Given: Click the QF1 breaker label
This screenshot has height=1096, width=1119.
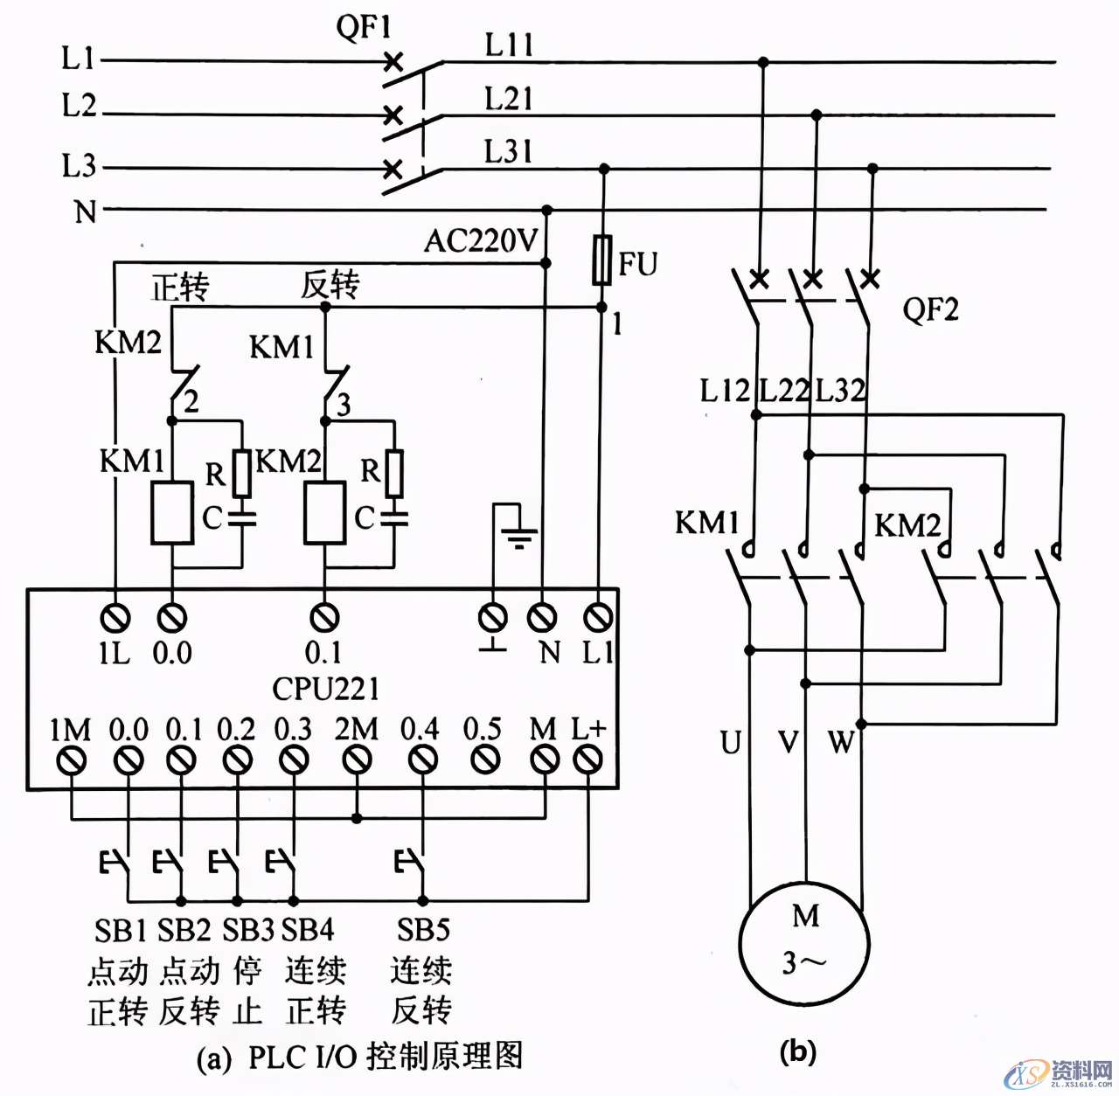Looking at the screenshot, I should point(363,27).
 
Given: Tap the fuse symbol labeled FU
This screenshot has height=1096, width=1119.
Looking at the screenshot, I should point(601,260).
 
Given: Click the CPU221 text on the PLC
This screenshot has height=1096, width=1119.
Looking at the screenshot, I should point(325,689).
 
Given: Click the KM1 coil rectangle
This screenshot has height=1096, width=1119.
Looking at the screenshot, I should point(172,513).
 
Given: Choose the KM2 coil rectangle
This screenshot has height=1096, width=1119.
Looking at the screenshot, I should point(324,513).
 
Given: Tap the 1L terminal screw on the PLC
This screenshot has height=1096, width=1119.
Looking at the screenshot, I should point(115,619).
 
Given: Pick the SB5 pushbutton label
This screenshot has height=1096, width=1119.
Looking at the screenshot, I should point(422,930).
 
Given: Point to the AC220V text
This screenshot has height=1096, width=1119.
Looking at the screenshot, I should point(480,240).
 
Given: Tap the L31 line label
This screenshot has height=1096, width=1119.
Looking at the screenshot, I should point(509,151).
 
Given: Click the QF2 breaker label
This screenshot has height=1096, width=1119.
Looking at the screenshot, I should point(930,309).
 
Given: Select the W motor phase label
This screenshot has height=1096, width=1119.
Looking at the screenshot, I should point(841,743).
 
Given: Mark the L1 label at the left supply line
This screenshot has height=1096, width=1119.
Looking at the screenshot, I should point(78,59).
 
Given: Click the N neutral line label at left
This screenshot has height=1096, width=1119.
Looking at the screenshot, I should point(85,211).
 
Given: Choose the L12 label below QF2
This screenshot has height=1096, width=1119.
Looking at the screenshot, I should point(725,391).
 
